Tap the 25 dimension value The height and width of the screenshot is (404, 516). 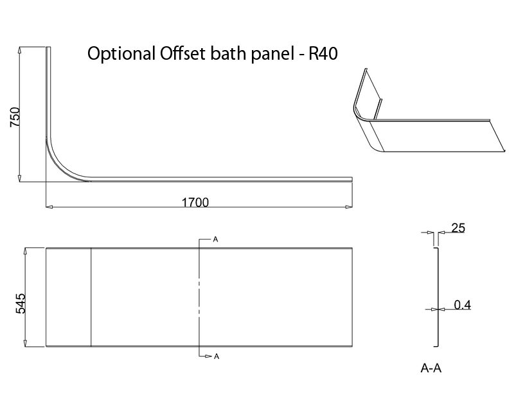tap(458, 227)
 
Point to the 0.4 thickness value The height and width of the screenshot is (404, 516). tap(463, 305)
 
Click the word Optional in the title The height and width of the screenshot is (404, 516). tap(118, 55)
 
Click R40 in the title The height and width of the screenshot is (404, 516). tap(323, 54)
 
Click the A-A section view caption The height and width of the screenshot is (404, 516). tap(431, 369)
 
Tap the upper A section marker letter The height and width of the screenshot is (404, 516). tap(216, 240)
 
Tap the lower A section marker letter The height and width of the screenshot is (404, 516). tap(216, 355)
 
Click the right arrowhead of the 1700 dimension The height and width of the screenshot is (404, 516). tap(348, 207)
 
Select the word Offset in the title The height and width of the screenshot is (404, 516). tap(172, 54)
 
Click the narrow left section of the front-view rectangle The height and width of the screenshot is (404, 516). tap(68, 297)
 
